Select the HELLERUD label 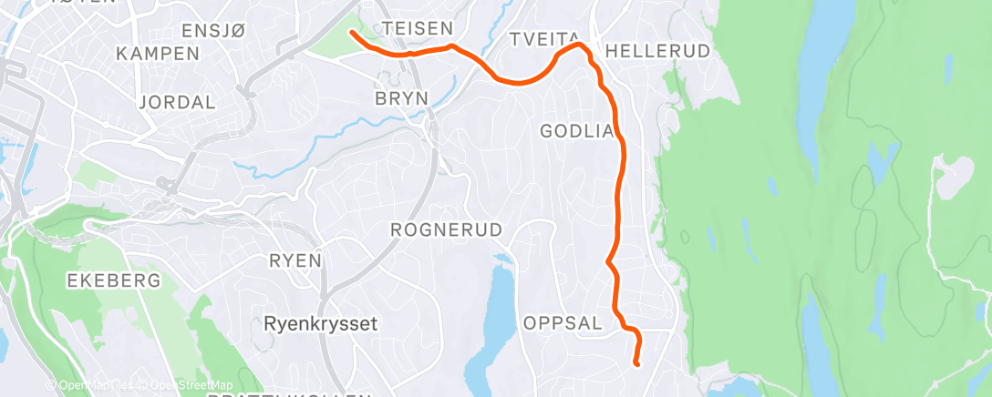pyautogui.click(x=657, y=51)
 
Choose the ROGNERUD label pyautogui.click(x=447, y=230)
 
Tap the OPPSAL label pyautogui.click(x=563, y=323)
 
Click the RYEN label pyautogui.click(x=295, y=261)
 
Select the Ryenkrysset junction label pyautogui.click(x=320, y=323)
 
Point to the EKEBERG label pyautogui.click(x=114, y=280)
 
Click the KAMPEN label pyautogui.click(x=158, y=54)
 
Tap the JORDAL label pyautogui.click(x=178, y=101)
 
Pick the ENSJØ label pyautogui.click(x=214, y=31)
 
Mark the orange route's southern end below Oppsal pyautogui.click(x=636, y=364)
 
